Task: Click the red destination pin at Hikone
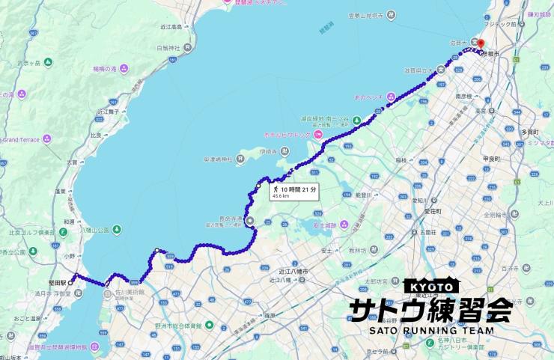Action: [481, 45]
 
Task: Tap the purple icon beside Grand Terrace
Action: [48, 138]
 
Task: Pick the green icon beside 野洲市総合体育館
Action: [209, 326]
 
